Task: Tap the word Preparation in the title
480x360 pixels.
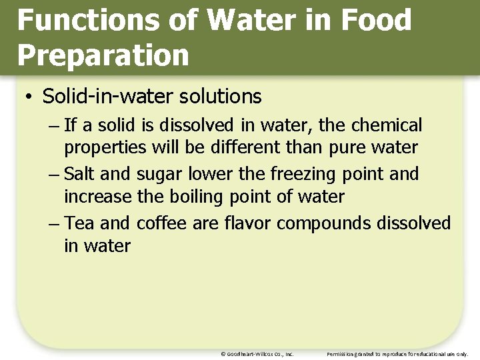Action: [x=103, y=55]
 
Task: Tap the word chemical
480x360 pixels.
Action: [x=387, y=125]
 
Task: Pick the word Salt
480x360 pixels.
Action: [x=80, y=174]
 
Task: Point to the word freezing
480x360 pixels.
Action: [x=303, y=175]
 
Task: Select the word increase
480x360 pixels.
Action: [x=98, y=197]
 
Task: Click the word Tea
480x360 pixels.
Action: [x=79, y=223]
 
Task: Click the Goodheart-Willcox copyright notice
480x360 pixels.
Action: [x=257, y=354]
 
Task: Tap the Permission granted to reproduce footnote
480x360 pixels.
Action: [x=398, y=354]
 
